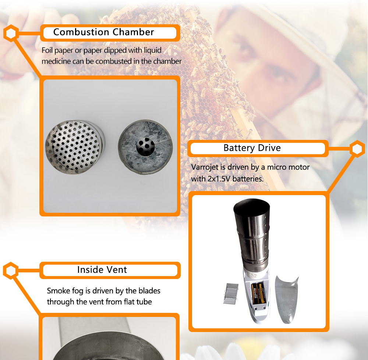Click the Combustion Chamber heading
103,32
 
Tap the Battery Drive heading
252,148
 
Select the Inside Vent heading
102,270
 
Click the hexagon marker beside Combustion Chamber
11,33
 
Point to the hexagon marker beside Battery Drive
357,149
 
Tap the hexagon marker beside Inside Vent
11,271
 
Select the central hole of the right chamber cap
145,147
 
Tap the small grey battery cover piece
231,294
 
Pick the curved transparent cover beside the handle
286,300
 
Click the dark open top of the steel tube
252,207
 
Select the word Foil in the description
47,50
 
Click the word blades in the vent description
149,291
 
